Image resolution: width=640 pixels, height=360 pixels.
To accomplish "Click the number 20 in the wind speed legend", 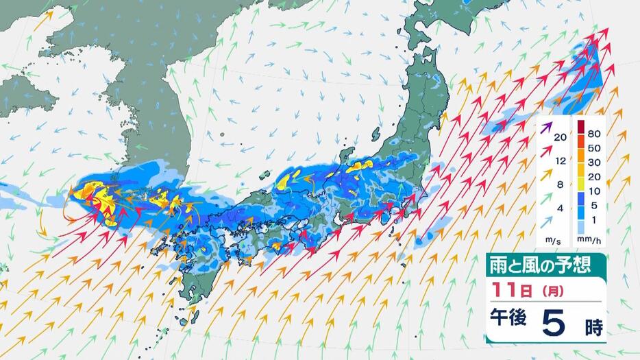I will coord(560,138).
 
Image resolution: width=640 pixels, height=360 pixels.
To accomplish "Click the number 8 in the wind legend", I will coord(560,184).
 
